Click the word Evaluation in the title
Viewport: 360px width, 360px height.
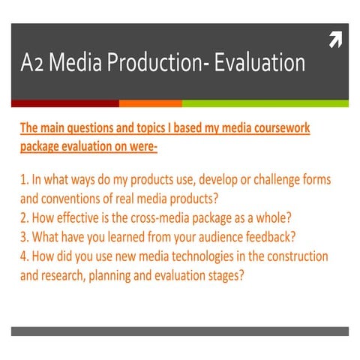tap(259, 63)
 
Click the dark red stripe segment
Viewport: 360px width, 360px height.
tap(64, 103)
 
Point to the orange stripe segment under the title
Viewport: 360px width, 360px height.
tap(150, 103)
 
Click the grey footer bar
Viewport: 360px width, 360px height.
tap(180, 331)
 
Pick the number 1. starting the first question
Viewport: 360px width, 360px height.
tap(24, 181)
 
